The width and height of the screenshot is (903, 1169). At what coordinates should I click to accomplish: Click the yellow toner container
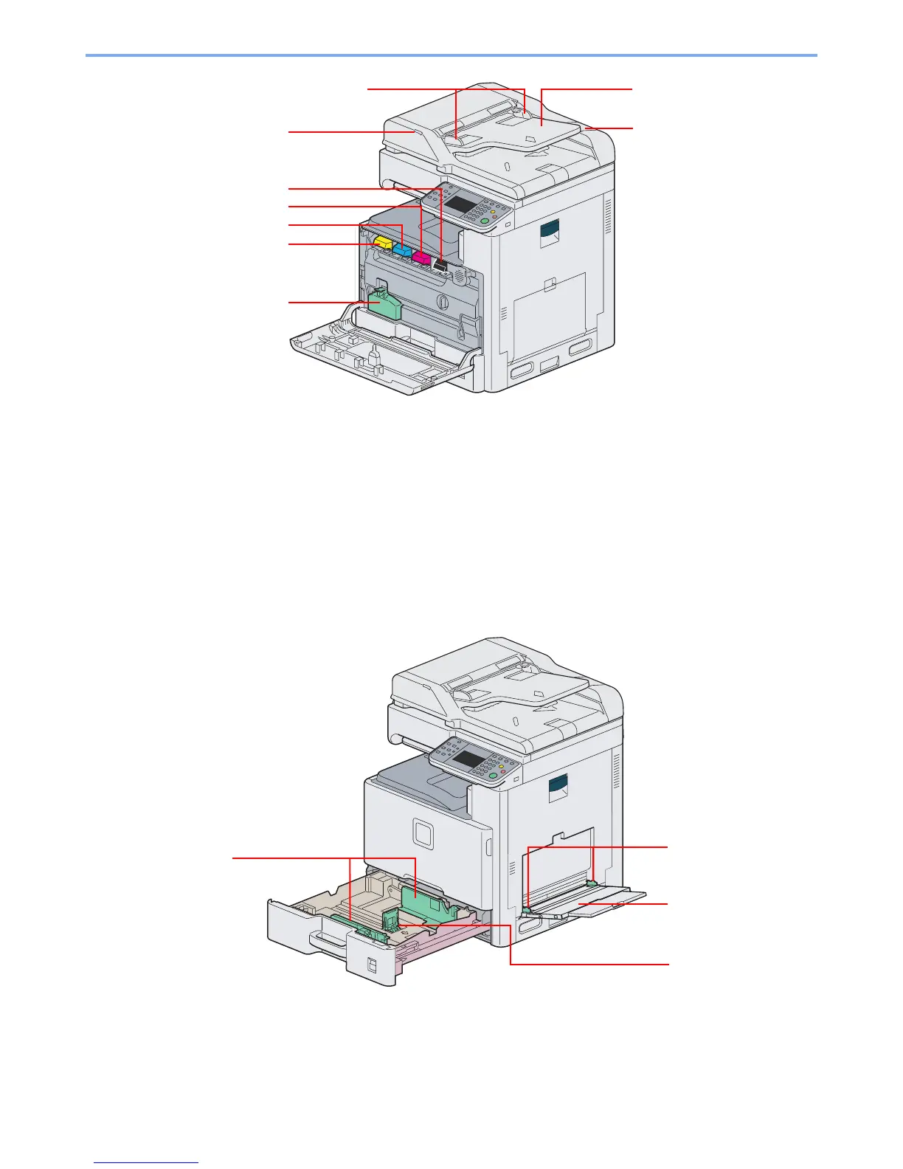tap(383, 241)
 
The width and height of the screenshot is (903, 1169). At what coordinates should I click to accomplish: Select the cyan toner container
tap(401, 250)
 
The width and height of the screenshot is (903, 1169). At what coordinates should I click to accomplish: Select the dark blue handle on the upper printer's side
tap(550, 235)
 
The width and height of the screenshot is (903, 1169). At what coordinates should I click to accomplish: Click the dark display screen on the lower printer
tap(469, 759)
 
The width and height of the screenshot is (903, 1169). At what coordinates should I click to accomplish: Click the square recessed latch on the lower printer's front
tap(423, 832)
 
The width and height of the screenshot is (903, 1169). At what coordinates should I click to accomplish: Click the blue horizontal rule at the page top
tap(451, 55)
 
